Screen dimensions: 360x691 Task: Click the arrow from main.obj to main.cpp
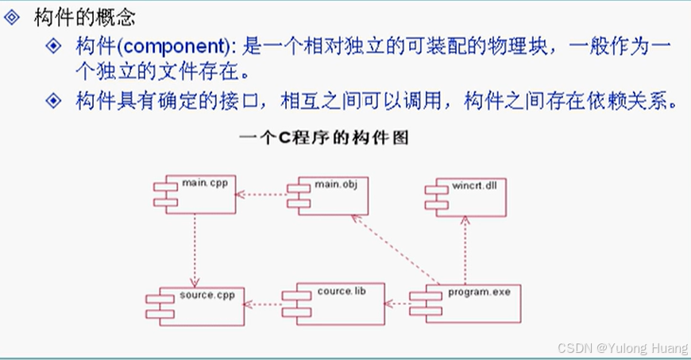(261, 194)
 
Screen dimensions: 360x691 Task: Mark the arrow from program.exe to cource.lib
(396, 302)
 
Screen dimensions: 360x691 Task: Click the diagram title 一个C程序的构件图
(323, 137)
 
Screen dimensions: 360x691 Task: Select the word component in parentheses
(170, 46)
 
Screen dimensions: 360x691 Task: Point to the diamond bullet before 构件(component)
(53, 46)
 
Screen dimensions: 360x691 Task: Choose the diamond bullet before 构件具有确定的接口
(53, 101)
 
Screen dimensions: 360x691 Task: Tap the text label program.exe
(479, 292)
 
